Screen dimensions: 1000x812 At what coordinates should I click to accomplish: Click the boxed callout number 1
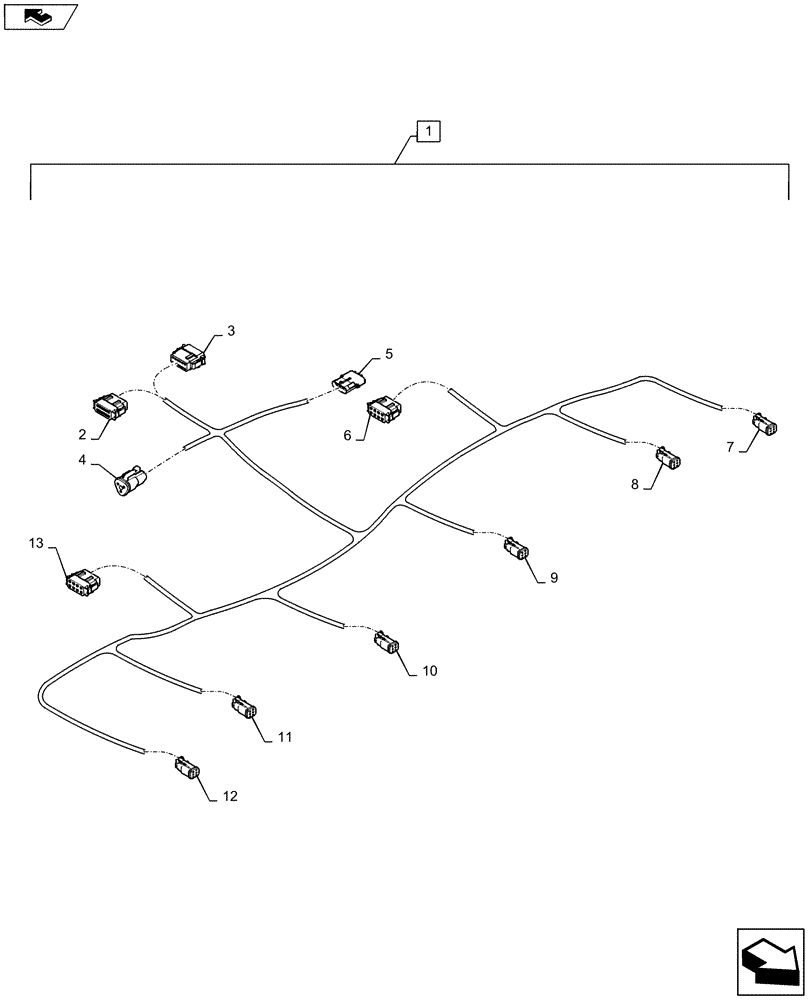(427, 132)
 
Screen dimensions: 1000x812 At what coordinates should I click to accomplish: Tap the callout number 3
(230, 330)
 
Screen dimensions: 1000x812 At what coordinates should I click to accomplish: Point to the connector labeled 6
(384, 410)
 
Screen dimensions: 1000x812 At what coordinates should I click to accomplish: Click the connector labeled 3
(186, 354)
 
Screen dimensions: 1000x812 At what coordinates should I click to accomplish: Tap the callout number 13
(36, 543)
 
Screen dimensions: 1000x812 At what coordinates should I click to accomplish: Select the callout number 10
(429, 671)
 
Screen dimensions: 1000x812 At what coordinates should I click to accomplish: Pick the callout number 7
(731, 448)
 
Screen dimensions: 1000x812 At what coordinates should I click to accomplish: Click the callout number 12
(230, 797)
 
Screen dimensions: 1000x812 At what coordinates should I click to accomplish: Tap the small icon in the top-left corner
(38, 15)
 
